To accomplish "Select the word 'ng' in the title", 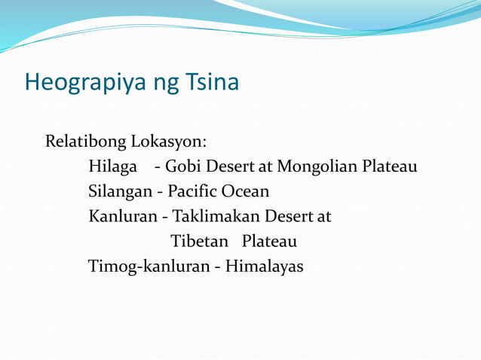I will (x=158, y=83).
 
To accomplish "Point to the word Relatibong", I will (x=86, y=142).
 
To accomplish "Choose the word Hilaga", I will (x=112, y=166).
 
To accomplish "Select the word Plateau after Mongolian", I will (x=389, y=166).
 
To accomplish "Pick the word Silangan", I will (x=119, y=192).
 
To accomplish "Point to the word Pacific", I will (x=195, y=191).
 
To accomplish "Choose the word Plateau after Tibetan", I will (x=269, y=241).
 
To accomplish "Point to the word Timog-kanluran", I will (x=152, y=267).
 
